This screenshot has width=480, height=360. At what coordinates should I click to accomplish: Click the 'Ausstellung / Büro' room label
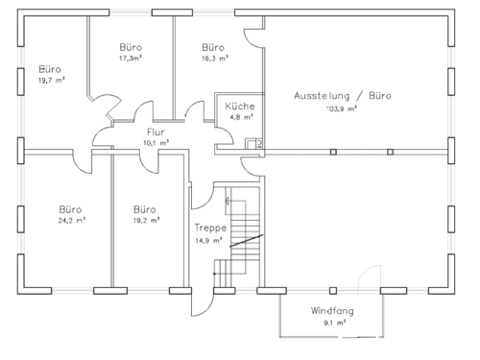click(343, 95)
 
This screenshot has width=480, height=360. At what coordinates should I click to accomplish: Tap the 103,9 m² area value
click(341, 108)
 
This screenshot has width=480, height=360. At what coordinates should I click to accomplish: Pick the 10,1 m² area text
click(156, 142)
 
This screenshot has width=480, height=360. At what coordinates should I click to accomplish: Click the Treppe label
click(209, 228)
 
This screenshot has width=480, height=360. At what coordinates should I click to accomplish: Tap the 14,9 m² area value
click(209, 240)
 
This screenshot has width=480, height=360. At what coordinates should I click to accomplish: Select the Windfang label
click(329, 311)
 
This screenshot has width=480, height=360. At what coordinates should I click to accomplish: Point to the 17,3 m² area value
click(131, 59)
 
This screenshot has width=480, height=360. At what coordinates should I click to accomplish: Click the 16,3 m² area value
click(213, 59)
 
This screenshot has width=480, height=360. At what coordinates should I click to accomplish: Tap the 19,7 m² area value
click(49, 82)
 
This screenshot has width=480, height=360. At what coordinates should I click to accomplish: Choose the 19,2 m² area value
click(145, 221)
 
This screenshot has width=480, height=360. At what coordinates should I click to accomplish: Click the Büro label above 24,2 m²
click(70, 208)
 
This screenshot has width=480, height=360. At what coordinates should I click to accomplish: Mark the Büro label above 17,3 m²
click(131, 46)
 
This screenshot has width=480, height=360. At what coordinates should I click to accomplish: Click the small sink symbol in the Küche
click(252, 144)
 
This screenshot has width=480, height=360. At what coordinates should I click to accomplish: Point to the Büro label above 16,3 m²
click(213, 46)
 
